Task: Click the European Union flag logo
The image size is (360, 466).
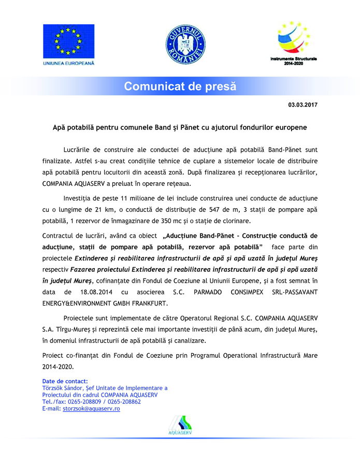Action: coord(68,41)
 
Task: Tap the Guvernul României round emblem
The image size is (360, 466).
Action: coord(185,42)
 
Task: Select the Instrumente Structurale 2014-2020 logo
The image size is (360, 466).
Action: coord(293,39)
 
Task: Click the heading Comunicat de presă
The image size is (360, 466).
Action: coord(180,86)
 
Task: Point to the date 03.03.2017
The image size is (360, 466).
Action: coord(303,105)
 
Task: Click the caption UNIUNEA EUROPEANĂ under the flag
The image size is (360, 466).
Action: coord(68,63)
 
